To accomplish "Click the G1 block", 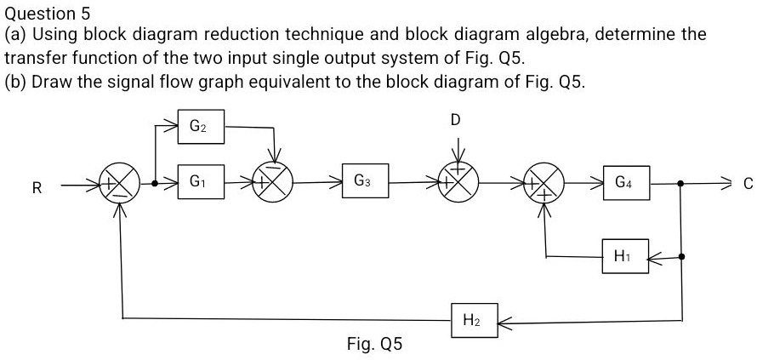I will [x=199, y=181].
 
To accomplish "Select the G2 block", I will [x=199, y=128].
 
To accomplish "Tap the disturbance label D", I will [x=456, y=120].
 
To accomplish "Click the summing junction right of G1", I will [x=275, y=181].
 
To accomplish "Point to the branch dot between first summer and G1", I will [x=155, y=182].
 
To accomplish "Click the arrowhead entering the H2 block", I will [x=502, y=322].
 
